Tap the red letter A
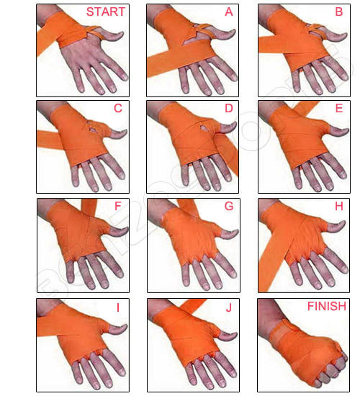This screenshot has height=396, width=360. (228, 12)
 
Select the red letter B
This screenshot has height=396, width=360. (338, 12)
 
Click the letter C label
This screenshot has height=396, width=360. (118, 109)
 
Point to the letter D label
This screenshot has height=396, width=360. (228, 109)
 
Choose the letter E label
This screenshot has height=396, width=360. (339, 109)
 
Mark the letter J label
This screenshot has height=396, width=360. (229, 307)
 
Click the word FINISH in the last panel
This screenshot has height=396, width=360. (326, 307)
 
